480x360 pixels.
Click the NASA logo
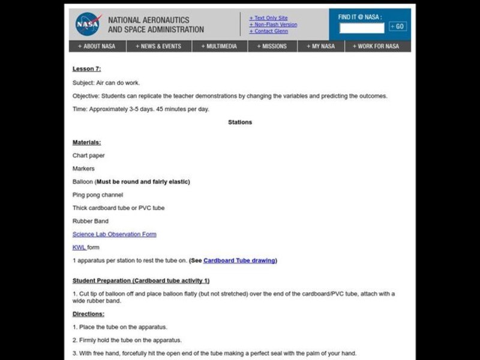pyautogui.click(x=88, y=24)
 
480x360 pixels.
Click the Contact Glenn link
pyautogui.click(x=271, y=31)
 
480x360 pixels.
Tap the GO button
pyautogui.click(x=397, y=26)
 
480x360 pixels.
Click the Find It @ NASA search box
pyautogui.click(x=362, y=28)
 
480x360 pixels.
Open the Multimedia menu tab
pyautogui.click(x=219, y=46)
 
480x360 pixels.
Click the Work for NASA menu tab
pyautogui.click(x=376, y=46)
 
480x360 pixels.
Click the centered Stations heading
pyautogui.click(x=240, y=122)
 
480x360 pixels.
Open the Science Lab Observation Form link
pyautogui.click(x=114, y=234)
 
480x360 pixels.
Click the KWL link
pyautogui.click(x=79, y=247)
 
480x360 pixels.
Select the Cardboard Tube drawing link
pyautogui.click(x=239, y=260)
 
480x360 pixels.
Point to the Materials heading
pyautogui.click(x=86, y=142)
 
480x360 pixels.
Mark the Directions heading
pyautogui.click(x=88, y=314)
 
